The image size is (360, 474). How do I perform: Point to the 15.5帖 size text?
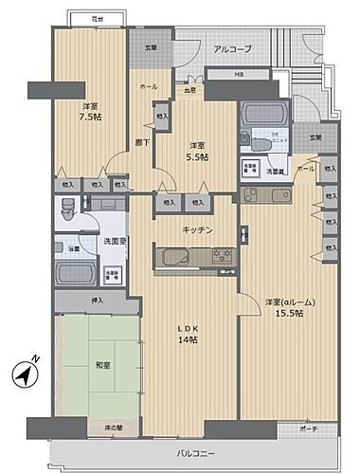[289, 314]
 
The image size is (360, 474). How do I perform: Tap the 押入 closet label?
[98, 300]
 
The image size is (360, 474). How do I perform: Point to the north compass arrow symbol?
[26, 372]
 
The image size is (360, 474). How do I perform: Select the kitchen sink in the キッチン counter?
[176, 256]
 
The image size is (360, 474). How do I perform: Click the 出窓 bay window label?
[190, 90]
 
